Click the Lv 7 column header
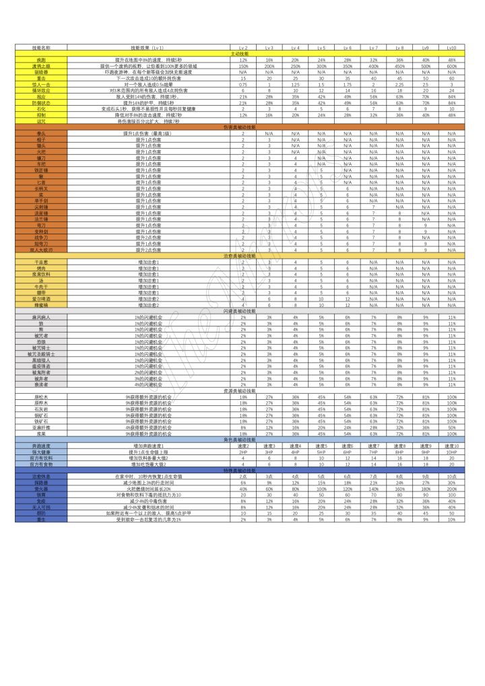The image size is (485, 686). (373, 48)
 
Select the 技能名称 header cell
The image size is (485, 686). (41, 48)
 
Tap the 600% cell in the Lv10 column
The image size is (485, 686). (452, 67)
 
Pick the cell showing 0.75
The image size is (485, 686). (243, 85)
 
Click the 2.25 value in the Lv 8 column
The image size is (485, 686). (399, 85)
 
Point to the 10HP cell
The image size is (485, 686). (452, 452)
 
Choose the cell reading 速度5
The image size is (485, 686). (321, 446)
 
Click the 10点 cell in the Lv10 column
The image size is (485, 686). (452, 476)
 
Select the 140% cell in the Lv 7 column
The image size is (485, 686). (373, 488)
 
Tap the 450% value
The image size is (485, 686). (399, 67)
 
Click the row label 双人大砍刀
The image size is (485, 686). (41, 250)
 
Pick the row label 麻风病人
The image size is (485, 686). (41, 317)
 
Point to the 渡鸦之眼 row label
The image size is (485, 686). (41, 67)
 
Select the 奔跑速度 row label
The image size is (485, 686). (41, 446)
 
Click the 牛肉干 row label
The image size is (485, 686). (41, 287)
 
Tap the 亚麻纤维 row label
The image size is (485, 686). (41, 427)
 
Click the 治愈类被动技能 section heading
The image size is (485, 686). (238, 256)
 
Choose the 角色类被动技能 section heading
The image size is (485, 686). (238, 440)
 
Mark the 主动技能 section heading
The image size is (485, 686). (238, 54)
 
